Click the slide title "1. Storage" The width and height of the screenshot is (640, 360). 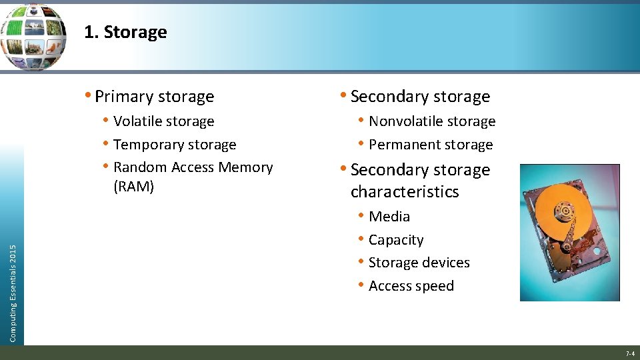(x=125, y=32)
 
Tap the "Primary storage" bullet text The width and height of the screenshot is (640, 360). (x=154, y=97)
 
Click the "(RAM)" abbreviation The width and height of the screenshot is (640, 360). (x=133, y=186)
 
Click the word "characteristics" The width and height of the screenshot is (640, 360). (x=405, y=192)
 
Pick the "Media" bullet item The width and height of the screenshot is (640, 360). (x=389, y=217)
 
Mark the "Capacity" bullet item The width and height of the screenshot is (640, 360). (x=395, y=240)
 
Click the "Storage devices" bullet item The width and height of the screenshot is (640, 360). (x=419, y=263)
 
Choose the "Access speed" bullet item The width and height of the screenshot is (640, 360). (x=411, y=286)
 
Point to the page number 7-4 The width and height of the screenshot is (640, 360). (x=629, y=353)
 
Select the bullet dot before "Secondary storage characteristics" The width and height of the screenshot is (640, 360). (x=343, y=170)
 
